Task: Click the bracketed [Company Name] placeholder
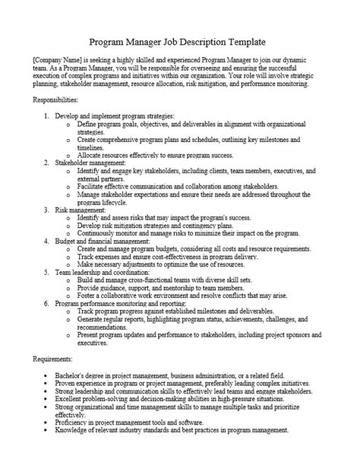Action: click(x=56, y=60)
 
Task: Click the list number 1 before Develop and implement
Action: click(x=46, y=115)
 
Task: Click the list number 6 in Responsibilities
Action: click(x=46, y=302)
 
